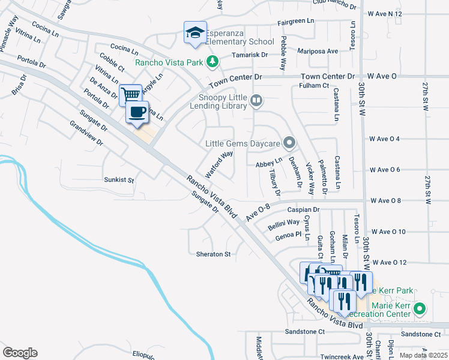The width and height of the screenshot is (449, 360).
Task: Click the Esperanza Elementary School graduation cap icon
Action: [195, 32]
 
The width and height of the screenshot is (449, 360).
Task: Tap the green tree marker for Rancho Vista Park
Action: [212, 61]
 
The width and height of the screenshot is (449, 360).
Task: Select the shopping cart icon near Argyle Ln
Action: [130, 94]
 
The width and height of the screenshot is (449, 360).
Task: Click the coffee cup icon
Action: [137, 111]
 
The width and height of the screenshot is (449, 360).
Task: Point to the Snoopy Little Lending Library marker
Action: [256, 100]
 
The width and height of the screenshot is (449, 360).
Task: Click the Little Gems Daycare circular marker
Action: [289, 143]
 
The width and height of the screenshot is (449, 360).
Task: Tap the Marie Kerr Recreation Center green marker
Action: [420, 310]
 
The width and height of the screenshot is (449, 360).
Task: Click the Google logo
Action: [20, 353]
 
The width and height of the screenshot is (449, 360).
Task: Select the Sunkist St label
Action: [118, 179]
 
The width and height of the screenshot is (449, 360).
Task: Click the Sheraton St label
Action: [214, 254]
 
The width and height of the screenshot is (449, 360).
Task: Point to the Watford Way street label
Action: [219, 164]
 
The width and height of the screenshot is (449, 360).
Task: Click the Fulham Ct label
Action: [314, 86]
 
